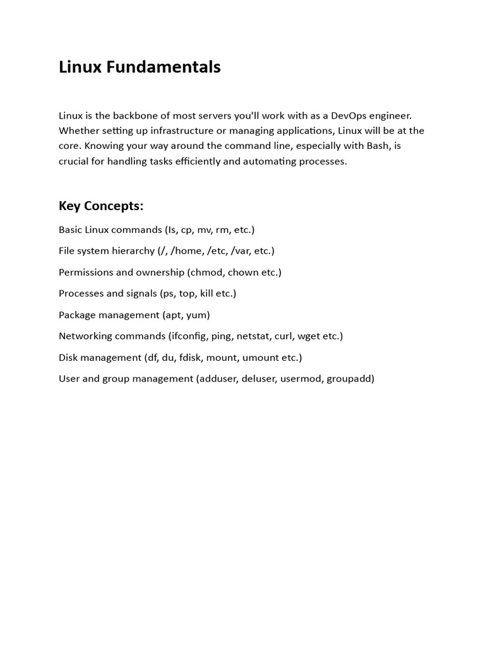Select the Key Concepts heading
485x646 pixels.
click(101, 206)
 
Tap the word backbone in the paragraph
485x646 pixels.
click(135, 115)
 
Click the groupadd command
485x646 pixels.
click(350, 379)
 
